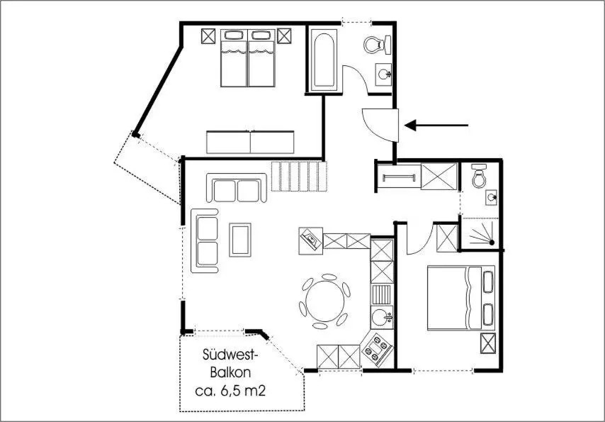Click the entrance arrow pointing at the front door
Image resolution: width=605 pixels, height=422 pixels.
pos(436,126)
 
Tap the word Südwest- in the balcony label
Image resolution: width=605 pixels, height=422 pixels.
pos(230,355)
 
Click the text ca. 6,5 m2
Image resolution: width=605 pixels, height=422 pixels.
pos(230,391)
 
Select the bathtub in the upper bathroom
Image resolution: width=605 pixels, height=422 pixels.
pos(324,60)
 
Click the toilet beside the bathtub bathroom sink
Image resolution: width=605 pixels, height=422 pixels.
pos(376,45)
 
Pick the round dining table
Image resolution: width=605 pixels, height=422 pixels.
pos(325,301)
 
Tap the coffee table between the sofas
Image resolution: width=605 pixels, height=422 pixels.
pos(240,240)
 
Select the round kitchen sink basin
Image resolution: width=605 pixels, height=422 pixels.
pos(381,317)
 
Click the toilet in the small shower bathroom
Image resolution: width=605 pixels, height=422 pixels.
pos(479,176)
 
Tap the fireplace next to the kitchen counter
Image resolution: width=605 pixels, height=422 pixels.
pos(310,240)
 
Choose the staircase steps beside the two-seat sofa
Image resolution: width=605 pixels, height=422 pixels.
pos(299,176)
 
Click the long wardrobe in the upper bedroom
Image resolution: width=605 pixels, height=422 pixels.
pos(250,143)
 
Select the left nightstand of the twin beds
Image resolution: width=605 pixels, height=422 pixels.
pos(208,36)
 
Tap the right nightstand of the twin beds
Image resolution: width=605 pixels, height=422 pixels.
pos(284,36)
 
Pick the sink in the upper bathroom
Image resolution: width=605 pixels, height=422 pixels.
pos(383,74)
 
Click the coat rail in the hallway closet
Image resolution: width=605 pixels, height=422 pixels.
pos(399,178)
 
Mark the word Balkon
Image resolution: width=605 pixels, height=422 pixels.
pos(230,372)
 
